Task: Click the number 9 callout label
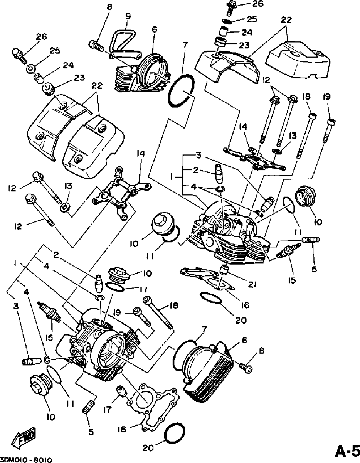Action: click(x=128, y=16)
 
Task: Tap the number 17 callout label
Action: click(x=107, y=409)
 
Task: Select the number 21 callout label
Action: click(x=252, y=285)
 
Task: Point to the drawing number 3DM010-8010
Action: click(x=26, y=460)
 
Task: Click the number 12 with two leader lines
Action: click(x=266, y=80)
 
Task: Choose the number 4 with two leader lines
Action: click(x=193, y=187)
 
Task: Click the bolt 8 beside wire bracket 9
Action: click(x=96, y=46)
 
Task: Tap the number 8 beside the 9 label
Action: click(x=109, y=7)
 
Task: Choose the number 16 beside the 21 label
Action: click(x=245, y=305)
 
